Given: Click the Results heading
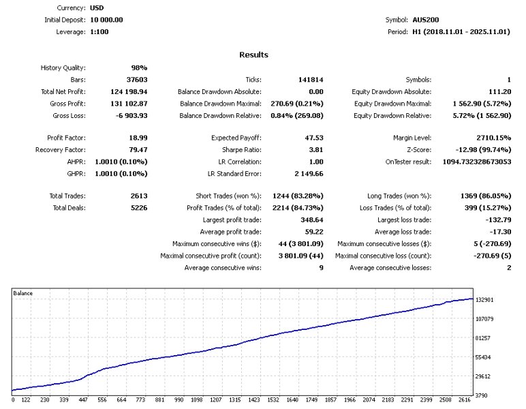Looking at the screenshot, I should (253, 55).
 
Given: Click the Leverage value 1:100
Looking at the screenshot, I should (99, 31).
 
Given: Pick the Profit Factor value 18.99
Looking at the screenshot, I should (139, 138).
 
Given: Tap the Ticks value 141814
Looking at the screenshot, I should (311, 80).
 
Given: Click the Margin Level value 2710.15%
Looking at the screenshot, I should (492, 138).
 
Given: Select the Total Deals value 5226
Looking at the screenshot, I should (139, 208).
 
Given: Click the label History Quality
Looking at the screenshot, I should (63, 68).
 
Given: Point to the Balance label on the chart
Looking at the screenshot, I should (23, 293).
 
